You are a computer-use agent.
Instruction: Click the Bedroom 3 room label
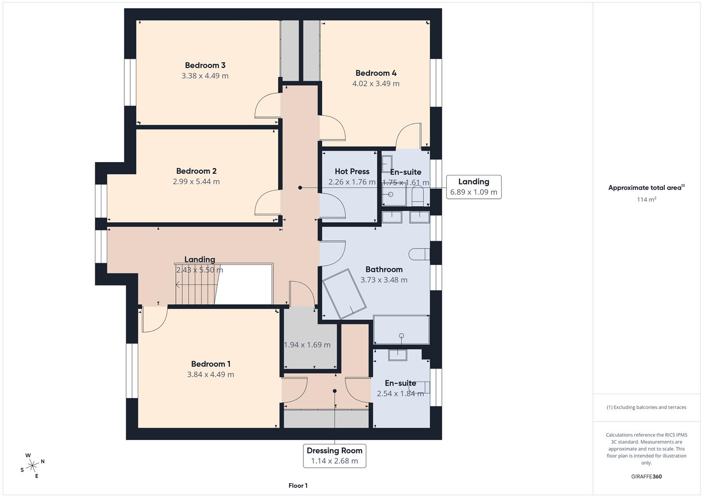coord(205,65)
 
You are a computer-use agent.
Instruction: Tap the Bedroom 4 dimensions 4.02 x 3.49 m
coord(376,83)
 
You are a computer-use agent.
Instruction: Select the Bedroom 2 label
coord(196,171)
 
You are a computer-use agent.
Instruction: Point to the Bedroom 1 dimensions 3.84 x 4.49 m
coord(210,374)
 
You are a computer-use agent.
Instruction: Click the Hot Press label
coord(352,171)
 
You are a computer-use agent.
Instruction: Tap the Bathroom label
coord(384,269)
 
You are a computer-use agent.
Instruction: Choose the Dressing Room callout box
coord(335,456)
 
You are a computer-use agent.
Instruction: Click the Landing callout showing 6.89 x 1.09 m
coord(474,187)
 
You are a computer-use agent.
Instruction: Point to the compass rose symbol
coord(32,466)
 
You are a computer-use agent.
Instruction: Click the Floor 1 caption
coord(298,485)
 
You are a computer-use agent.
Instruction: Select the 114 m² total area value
coord(646,200)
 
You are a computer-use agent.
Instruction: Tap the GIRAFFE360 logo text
coord(646,476)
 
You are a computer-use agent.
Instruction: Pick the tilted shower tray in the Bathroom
coord(344,294)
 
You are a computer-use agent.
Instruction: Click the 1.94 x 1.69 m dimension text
coord(307,345)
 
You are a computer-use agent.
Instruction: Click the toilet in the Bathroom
coord(419,254)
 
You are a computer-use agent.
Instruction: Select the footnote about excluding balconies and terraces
coord(646,407)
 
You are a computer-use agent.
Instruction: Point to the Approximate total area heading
coord(646,188)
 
